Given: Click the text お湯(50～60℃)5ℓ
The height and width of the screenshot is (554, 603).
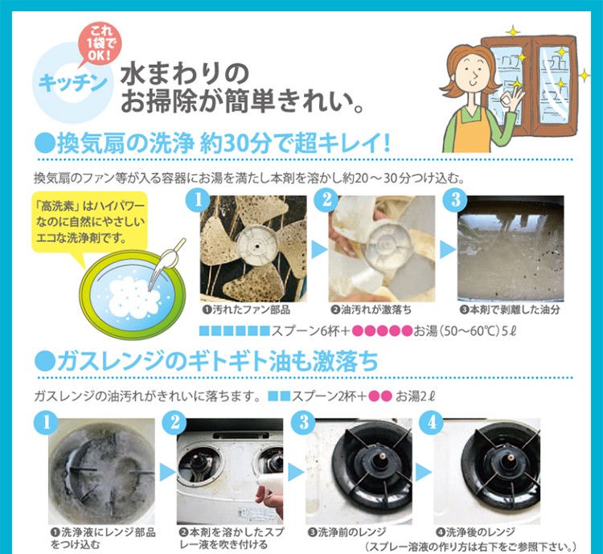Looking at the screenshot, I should pyautogui.click(x=453, y=330).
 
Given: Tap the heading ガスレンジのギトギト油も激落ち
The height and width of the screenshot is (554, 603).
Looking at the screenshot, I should pyautogui.click(x=207, y=361).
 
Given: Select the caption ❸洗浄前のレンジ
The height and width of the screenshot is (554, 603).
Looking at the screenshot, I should pyautogui.click(x=347, y=531).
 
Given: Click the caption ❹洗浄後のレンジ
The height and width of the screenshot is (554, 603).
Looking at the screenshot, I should pyautogui.click(x=475, y=531).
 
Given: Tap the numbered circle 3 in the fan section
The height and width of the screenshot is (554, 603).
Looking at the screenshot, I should pyautogui.click(x=455, y=199).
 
